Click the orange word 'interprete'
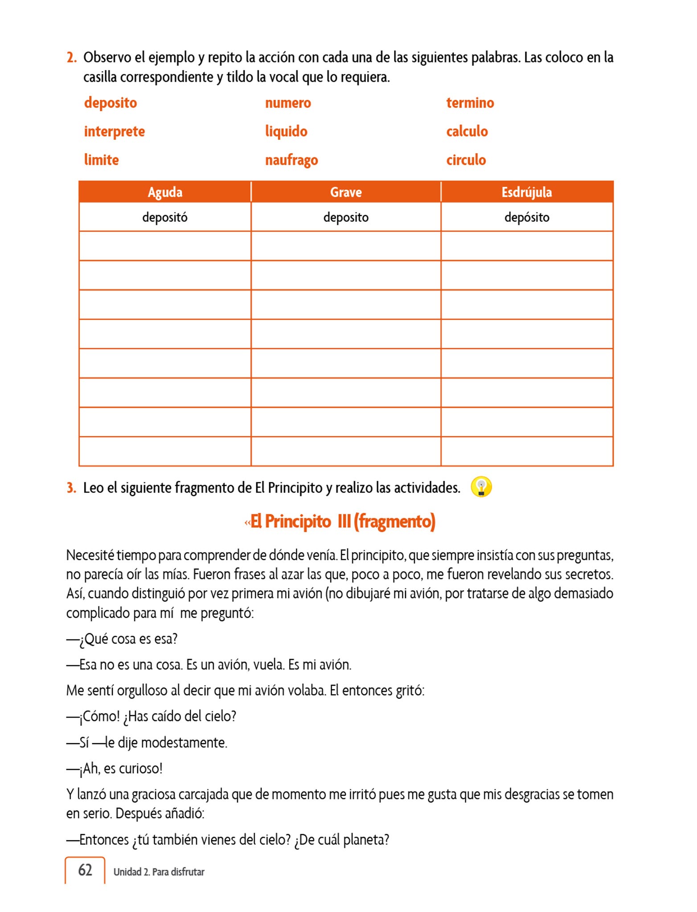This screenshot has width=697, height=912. pyautogui.click(x=114, y=131)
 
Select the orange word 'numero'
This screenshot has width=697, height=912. pyautogui.click(x=288, y=103)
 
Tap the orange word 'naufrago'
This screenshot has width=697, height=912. pyautogui.click(x=291, y=160)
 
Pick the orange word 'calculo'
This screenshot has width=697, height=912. pyautogui.click(x=467, y=131)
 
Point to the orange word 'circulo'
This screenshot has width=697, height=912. pyautogui.click(x=466, y=160)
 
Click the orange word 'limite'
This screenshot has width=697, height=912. pyautogui.click(x=102, y=160)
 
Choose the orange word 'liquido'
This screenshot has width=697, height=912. pyautogui.click(x=286, y=131)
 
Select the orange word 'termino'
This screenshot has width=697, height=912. pyautogui.click(x=470, y=103)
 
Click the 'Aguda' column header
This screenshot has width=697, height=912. pyautogui.click(x=165, y=192)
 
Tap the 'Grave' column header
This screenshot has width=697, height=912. pyautogui.click(x=346, y=192)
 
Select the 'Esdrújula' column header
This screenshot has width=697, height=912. pyautogui.click(x=527, y=192)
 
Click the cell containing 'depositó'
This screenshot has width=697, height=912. pyautogui.click(x=165, y=217)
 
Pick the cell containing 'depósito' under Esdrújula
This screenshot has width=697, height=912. pyautogui.click(x=527, y=217)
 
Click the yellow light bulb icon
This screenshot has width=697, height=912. pyautogui.click(x=481, y=487)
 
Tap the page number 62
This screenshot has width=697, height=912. pyautogui.click(x=85, y=870)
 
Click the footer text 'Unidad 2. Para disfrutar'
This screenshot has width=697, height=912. pyautogui.click(x=159, y=872)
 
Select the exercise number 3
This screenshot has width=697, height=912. pyautogui.click(x=71, y=488)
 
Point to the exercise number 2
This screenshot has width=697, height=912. pyautogui.click(x=71, y=57)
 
